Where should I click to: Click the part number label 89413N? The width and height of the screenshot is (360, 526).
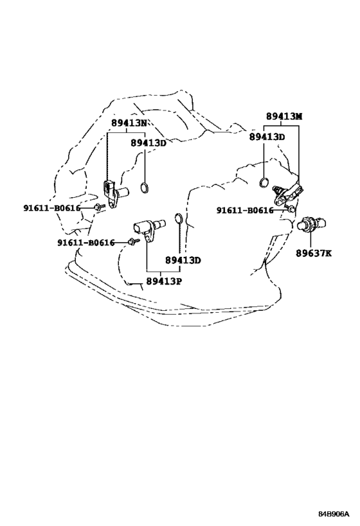click(x=129, y=123)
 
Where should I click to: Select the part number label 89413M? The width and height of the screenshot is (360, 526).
click(x=284, y=116)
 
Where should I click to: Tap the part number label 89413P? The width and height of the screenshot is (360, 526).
click(x=164, y=281)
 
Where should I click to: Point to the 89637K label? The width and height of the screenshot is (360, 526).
click(x=313, y=253)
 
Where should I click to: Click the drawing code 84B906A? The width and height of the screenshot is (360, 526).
click(x=334, y=514)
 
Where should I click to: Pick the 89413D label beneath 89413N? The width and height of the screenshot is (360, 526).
click(x=148, y=143)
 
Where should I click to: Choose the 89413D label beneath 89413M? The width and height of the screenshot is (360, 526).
click(x=267, y=137)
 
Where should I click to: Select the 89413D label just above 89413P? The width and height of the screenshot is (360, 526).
click(x=183, y=260)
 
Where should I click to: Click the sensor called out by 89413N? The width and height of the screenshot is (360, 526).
click(x=114, y=193)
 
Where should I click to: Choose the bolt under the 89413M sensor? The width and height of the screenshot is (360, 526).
click(x=291, y=209)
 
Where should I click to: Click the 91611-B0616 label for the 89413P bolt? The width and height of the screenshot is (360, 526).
click(x=85, y=243)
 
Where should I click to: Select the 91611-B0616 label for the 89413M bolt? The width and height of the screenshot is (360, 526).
click(x=245, y=210)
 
